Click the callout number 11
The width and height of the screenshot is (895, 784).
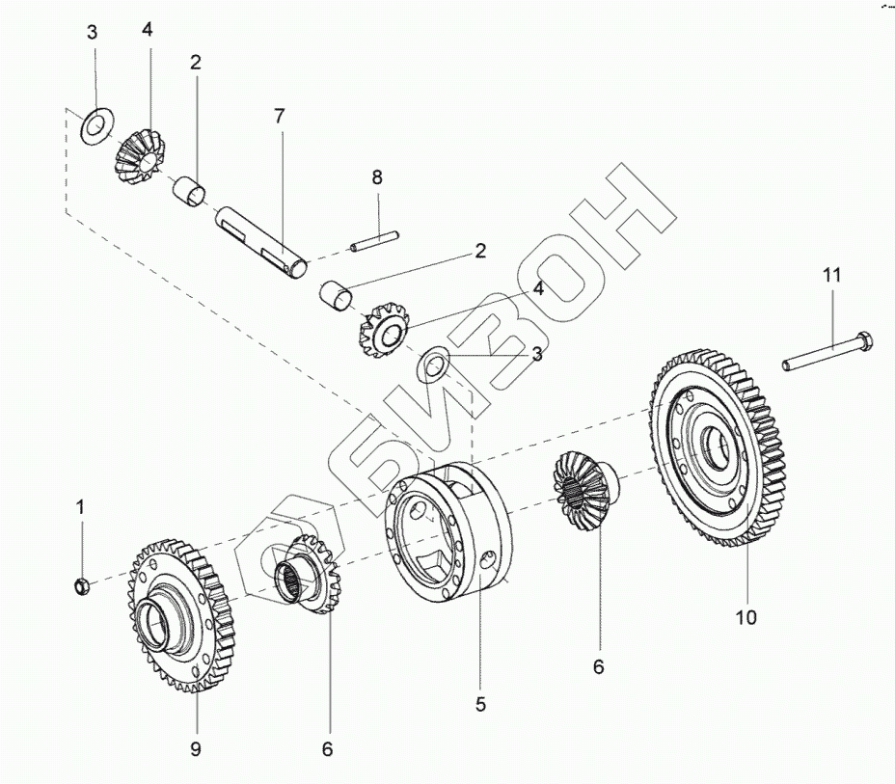coord(831,275)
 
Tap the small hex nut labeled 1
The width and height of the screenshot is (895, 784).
coord(82,584)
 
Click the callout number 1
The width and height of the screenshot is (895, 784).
coord(81,505)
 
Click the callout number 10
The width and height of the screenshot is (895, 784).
coord(746,617)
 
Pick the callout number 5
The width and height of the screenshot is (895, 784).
coord(480,705)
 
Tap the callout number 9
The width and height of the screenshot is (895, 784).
coord(195,749)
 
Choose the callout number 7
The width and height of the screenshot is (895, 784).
coord(280,117)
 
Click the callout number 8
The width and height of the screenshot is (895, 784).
coord(377,177)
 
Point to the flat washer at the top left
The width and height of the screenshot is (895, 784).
coord(94,125)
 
